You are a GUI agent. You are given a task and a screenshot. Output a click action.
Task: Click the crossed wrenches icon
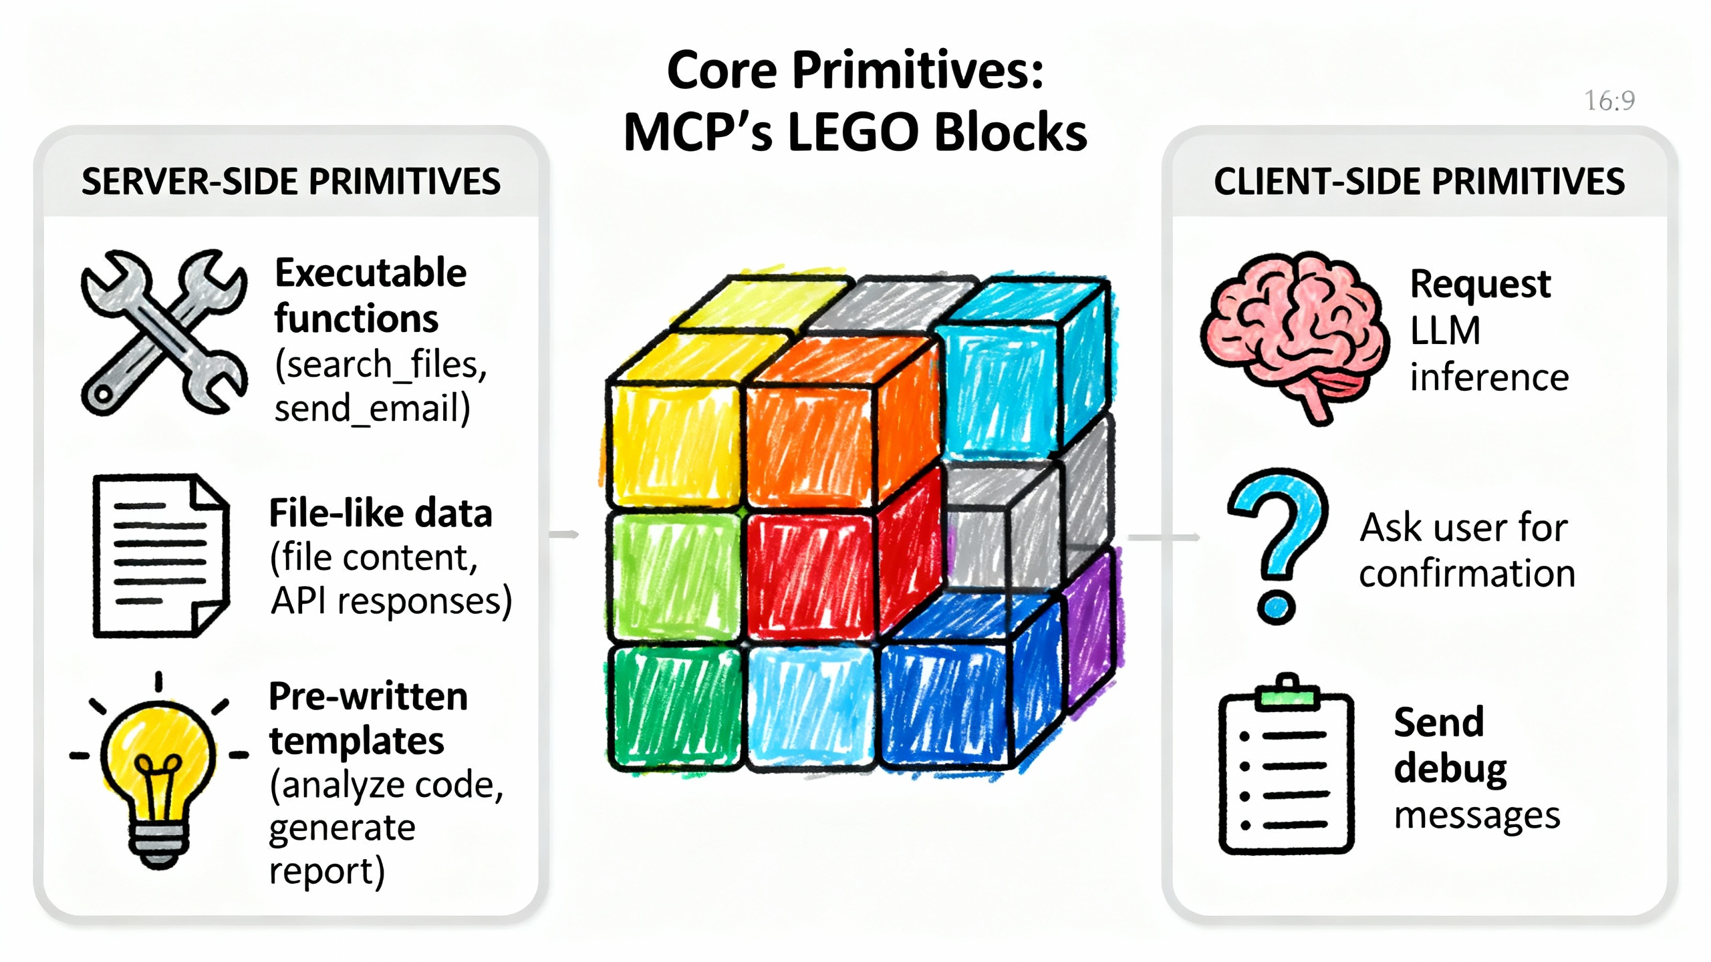click(x=164, y=332)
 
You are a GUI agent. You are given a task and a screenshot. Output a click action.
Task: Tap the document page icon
click(x=160, y=556)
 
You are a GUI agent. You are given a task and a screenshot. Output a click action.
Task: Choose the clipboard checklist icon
click(x=1286, y=768)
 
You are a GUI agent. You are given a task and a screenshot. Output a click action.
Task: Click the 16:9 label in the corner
click(x=1609, y=101)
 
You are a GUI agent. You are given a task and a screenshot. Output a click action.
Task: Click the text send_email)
click(x=372, y=408)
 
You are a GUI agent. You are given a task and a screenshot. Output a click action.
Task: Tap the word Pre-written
click(x=368, y=697)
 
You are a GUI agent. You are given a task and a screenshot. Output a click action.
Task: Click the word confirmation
click(x=1467, y=574)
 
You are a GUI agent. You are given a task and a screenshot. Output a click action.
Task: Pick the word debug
click(x=1450, y=769)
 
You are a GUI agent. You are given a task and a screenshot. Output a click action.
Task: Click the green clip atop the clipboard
click(x=1287, y=697)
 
